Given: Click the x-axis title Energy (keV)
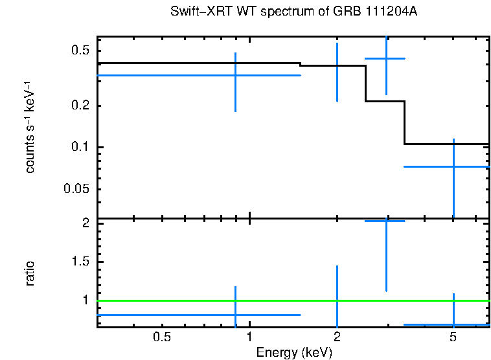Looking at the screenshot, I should coord(294,352).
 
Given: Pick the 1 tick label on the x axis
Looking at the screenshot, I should coord(249,337).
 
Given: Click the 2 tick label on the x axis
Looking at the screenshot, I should coord(337,337).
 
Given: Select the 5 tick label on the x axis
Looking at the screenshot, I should coord(453,337).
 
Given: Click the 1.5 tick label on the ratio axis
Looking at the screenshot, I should coord(80,262).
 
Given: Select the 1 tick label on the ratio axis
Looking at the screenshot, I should coord(86,300).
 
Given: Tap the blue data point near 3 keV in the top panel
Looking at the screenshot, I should coord(386,58).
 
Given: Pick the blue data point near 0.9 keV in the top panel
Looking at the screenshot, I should coord(235,75).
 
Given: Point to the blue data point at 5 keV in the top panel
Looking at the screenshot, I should coord(453,166).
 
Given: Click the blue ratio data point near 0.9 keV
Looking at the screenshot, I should coord(235,315).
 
